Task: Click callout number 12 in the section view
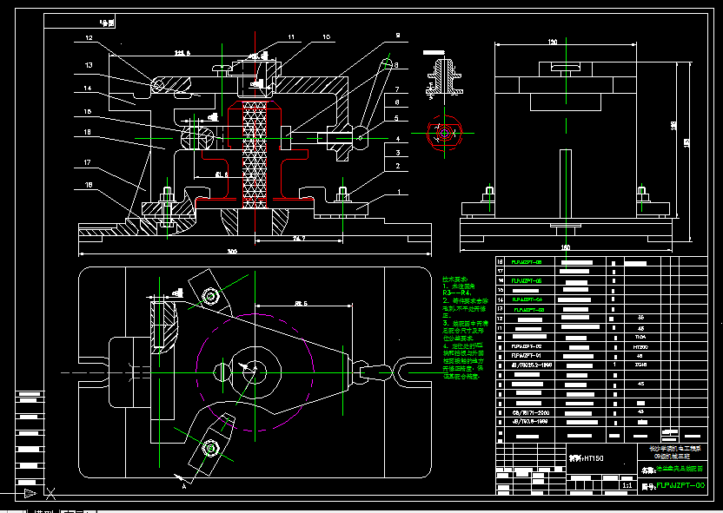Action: coord(88,38)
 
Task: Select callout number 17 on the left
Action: coord(88,162)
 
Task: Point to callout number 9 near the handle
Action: coord(396,36)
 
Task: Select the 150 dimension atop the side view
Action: coord(552,41)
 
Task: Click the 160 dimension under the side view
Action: coord(566,248)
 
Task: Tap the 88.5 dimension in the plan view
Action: coord(302,303)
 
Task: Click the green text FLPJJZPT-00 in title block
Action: coord(680,485)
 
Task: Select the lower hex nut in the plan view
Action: coord(209,448)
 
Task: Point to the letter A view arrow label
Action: coord(183,486)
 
